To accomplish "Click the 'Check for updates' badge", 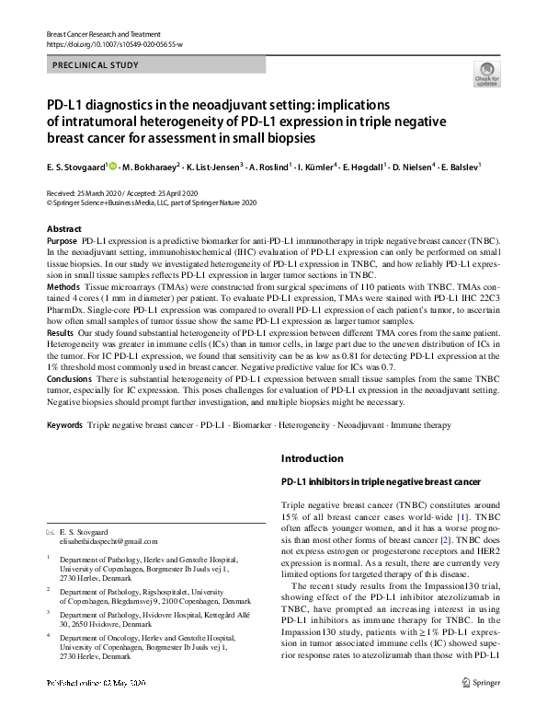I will coord(486,73).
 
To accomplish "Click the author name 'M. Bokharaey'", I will coord(154,167).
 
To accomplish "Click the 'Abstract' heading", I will coord(63,227).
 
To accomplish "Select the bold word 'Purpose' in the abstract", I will coord(62,239).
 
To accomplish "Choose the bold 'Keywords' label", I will coord(64,426).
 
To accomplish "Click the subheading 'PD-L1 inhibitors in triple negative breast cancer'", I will coord(380,481).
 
